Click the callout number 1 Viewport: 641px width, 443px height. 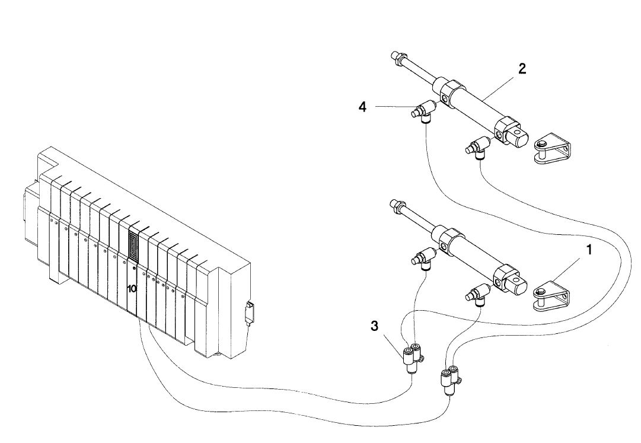click(589, 250)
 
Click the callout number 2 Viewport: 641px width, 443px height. click(522, 69)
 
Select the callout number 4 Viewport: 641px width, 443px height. click(363, 107)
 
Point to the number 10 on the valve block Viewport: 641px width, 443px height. click(132, 289)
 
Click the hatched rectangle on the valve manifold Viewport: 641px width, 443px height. click(133, 245)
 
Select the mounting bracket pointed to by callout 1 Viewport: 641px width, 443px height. click(551, 295)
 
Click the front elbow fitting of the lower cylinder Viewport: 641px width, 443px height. click(423, 259)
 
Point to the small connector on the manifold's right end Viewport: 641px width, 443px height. click(249, 313)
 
